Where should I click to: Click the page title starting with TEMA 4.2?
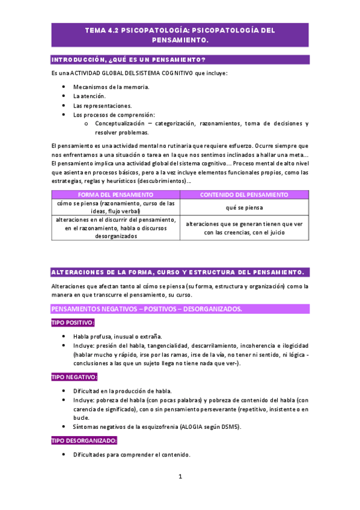click(180, 35)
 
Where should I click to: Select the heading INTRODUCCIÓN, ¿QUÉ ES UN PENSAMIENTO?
click(129, 59)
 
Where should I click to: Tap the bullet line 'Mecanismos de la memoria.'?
click(111, 87)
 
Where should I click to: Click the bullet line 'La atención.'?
click(90, 96)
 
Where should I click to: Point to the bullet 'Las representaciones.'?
click(102, 105)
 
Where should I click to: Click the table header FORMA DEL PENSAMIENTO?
click(116, 195)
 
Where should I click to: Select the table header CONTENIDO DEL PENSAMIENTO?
click(244, 195)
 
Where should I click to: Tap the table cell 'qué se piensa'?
click(244, 207)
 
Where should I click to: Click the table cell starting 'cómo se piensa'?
click(116, 207)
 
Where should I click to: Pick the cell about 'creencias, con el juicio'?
click(244, 228)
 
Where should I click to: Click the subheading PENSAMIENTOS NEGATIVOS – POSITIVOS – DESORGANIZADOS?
click(147, 309)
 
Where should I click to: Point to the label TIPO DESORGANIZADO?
click(84, 441)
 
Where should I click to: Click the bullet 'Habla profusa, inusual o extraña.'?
click(117, 336)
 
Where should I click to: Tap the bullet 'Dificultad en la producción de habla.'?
click(123, 391)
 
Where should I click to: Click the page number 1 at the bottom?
click(180, 477)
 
